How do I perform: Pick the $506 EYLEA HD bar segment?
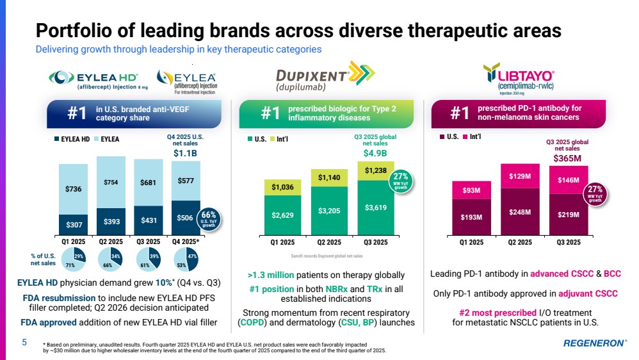pos(186,218)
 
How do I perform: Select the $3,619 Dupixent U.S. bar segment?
pos(375,208)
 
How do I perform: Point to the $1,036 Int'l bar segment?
pos(282,187)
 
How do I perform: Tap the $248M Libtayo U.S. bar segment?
pos(519,212)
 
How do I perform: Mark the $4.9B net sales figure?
pos(375,153)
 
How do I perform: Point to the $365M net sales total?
pos(567,158)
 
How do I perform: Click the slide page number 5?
pos(24,342)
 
